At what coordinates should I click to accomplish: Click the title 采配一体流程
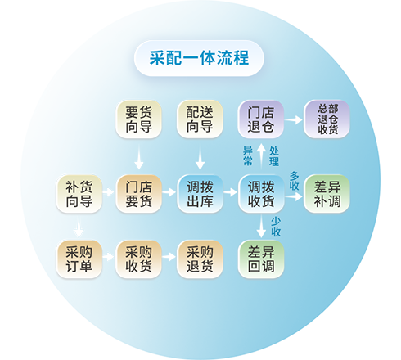(x=199, y=58)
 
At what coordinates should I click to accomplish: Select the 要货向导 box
(x=138, y=119)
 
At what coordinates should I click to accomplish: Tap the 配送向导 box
(x=200, y=119)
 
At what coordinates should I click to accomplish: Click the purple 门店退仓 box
(x=261, y=119)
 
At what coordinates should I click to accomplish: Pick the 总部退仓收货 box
(x=327, y=119)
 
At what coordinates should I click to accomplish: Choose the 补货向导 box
(x=79, y=194)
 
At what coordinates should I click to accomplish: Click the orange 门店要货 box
(x=138, y=194)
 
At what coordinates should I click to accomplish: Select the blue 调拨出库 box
(x=200, y=194)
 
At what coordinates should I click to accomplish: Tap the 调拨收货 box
(x=261, y=194)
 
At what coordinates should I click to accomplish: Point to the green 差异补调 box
(x=327, y=194)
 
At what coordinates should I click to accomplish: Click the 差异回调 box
(x=261, y=259)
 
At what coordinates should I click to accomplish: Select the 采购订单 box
(x=79, y=259)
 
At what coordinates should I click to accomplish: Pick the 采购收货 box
(x=138, y=259)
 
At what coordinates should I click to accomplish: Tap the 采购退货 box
(x=200, y=259)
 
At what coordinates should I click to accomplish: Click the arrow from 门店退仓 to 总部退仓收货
(x=294, y=119)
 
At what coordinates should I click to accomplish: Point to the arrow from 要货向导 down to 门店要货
(x=139, y=156)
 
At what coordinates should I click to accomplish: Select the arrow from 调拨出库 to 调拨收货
(x=230, y=192)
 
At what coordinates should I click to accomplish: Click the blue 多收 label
(x=295, y=181)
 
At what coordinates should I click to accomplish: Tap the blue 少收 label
(x=276, y=227)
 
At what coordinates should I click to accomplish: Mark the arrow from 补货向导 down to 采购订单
(x=79, y=227)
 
